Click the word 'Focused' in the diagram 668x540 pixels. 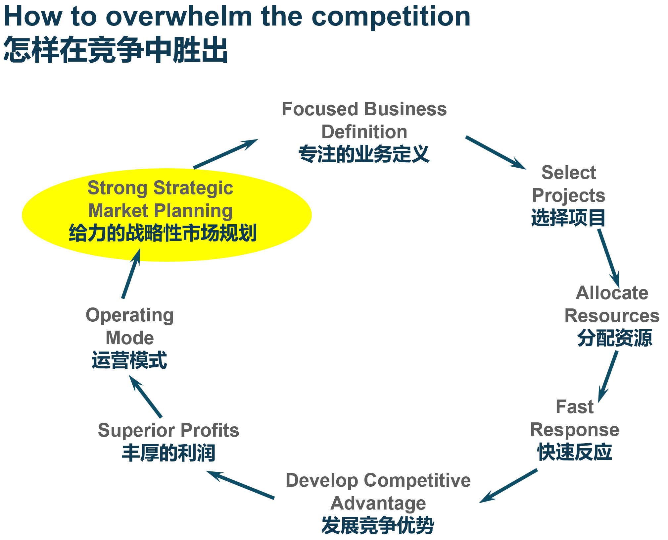[320, 109]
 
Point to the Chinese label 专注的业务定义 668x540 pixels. [364, 154]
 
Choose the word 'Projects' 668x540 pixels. [568, 195]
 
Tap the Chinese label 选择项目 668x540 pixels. [568, 218]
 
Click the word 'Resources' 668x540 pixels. [612, 315]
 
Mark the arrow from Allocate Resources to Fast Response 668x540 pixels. [608, 376]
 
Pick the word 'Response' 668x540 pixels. [574, 430]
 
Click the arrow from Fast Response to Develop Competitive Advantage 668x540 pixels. [508, 486]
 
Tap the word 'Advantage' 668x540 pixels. [378, 503]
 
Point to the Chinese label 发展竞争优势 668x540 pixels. [378, 525]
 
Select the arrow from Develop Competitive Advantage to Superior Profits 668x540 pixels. [241, 484]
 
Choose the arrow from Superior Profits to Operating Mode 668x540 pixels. [146, 397]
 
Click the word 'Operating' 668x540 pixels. [130, 315]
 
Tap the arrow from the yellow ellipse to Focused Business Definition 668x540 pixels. [225, 154]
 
